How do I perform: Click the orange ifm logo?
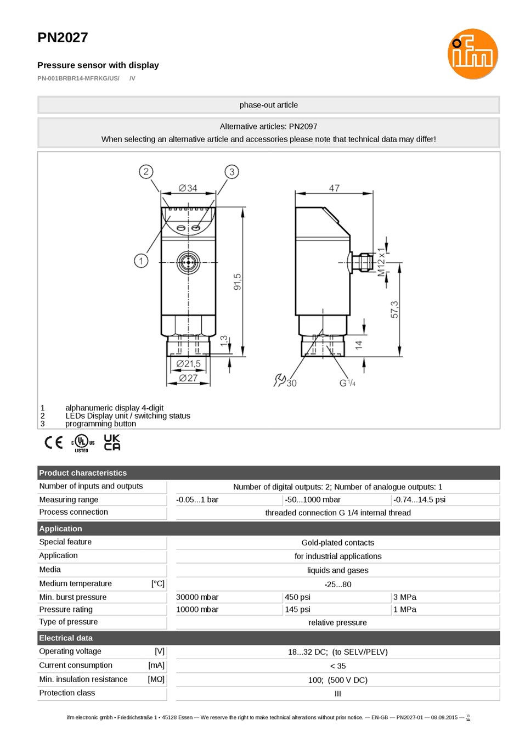[x=473, y=54]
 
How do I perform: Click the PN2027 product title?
[x=63, y=38]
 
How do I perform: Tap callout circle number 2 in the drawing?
[x=146, y=172]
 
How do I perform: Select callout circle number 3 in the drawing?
[x=232, y=172]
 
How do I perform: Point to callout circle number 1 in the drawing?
[x=141, y=261]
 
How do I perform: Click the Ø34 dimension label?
[x=188, y=188]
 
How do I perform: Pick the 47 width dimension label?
[x=334, y=188]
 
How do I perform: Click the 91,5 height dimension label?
[x=238, y=282]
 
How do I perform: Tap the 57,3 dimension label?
[x=394, y=310]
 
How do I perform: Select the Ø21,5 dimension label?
[x=188, y=364]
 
